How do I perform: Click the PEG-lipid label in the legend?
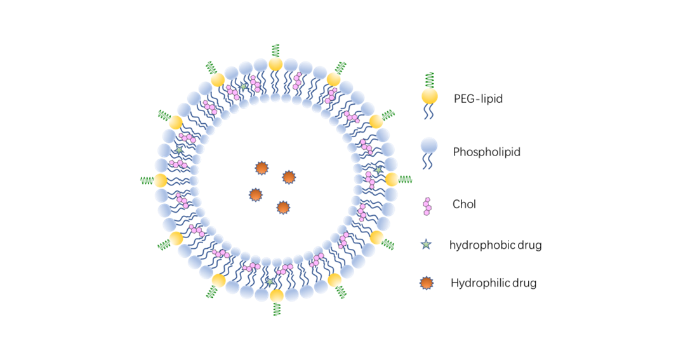478,98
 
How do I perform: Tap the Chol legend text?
464,204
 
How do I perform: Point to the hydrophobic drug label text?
495,244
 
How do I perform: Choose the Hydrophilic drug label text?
493,283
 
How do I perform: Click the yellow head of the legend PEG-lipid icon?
430,97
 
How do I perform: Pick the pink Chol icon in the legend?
428,206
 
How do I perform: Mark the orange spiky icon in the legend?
427,283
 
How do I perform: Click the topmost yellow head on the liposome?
275,64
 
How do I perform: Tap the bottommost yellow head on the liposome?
276,295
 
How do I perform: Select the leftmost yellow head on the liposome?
161,180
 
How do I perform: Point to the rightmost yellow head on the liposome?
392,180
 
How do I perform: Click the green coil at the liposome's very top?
275,50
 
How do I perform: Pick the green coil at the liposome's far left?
147,180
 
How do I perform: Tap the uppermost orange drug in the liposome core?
261,168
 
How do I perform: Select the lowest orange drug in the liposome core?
283,207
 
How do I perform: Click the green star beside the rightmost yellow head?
378,170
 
